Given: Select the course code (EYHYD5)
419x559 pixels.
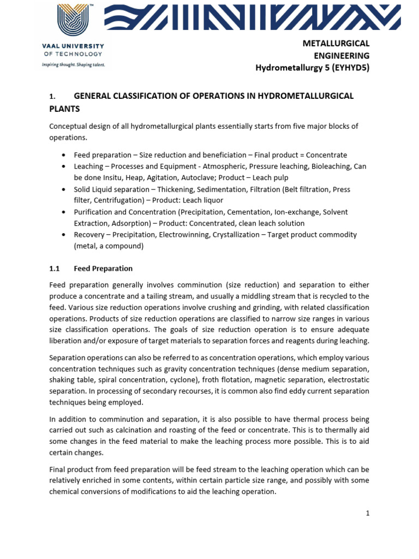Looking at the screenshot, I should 348,68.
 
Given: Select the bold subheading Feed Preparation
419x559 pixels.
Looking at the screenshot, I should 103,269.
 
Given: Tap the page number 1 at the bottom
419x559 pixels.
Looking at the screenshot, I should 368,513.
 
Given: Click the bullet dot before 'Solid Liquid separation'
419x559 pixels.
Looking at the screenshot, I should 64,189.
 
